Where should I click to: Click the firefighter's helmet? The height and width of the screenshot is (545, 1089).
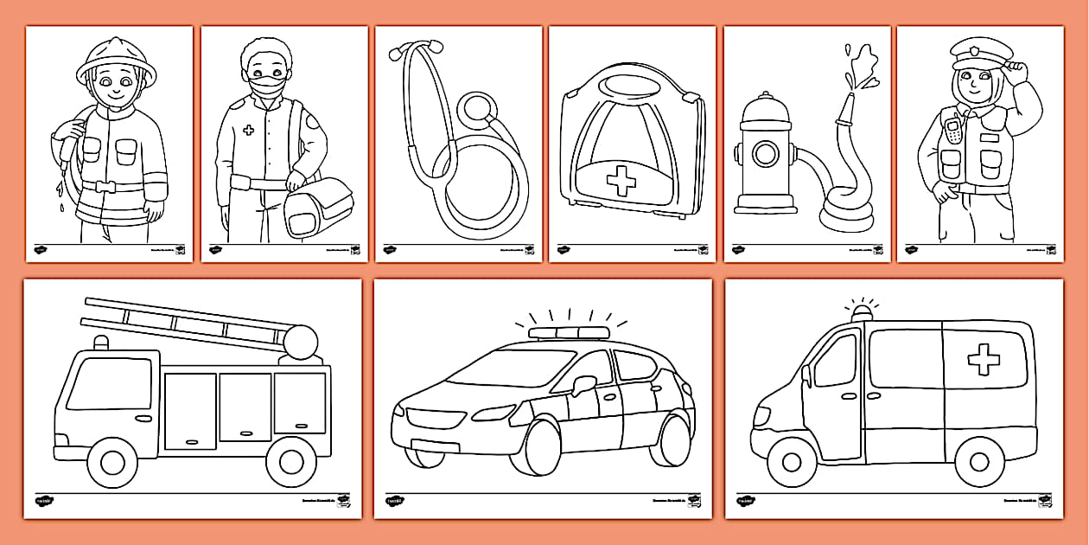[117, 59]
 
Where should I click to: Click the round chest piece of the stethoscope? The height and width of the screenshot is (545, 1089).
[477, 110]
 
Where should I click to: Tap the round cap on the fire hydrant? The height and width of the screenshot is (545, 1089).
[764, 155]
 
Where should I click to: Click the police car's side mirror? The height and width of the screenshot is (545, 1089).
[583, 382]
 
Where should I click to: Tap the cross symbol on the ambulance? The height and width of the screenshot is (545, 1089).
[984, 359]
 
